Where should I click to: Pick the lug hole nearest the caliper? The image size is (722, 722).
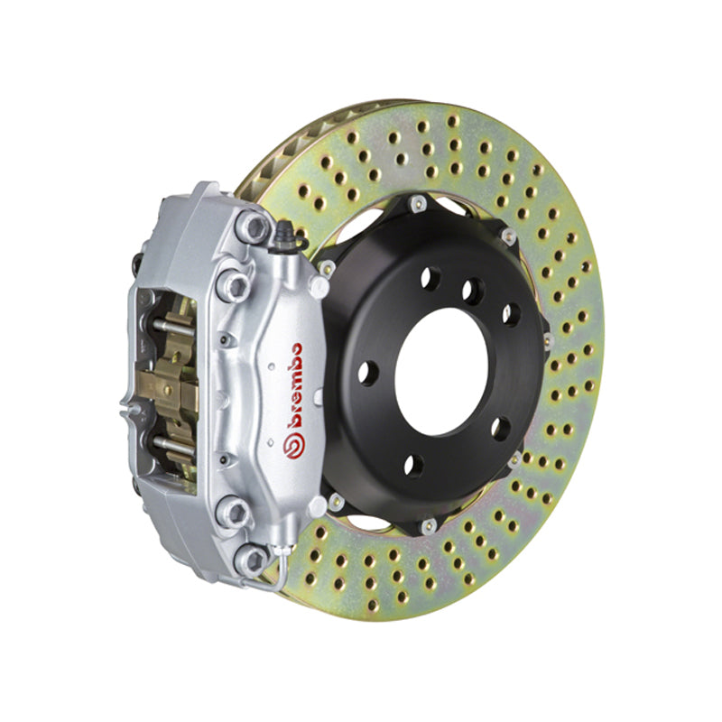click(367, 372)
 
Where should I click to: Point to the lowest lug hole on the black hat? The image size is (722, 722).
click(412, 466)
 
